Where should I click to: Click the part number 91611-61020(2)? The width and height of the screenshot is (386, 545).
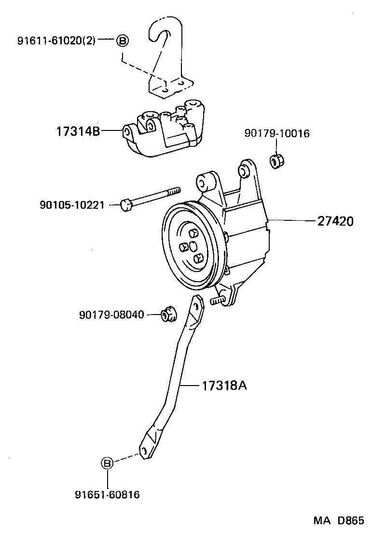pyautogui.click(x=57, y=41)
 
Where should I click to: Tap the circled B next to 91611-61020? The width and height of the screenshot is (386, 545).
pyautogui.click(x=122, y=41)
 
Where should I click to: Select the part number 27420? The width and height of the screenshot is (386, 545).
pyautogui.click(x=335, y=221)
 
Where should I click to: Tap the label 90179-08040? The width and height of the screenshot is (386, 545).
pyautogui.click(x=111, y=315)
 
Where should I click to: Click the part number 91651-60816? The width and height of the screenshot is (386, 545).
pyautogui.click(x=107, y=494)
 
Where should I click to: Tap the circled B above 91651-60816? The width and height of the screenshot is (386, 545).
pyautogui.click(x=107, y=463)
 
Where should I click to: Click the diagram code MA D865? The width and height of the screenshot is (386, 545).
pyautogui.click(x=338, y=521)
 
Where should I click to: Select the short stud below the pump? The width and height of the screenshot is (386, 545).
pyautogui.click(x=217, y=301)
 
